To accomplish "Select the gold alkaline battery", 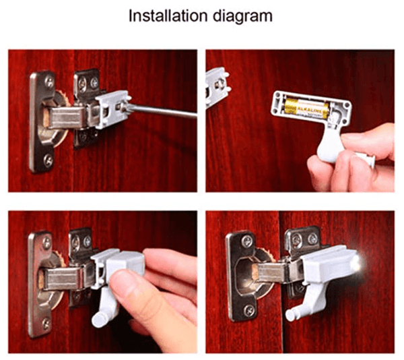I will coord(307,107).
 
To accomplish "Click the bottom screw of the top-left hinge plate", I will coord(47,160).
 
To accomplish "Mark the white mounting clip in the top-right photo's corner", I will coord(217,84).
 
